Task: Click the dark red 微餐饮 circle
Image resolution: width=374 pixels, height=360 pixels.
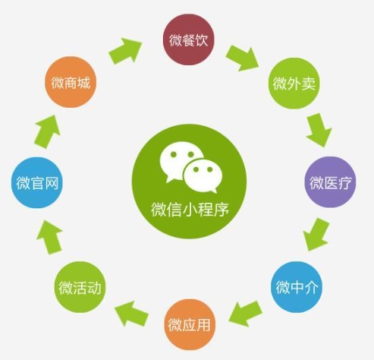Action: click(188, 39)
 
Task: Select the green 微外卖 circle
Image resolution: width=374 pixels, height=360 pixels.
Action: click(294, 84)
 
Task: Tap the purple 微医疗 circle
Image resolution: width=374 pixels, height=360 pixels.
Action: click(330, 182)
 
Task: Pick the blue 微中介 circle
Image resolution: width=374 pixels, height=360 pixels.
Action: click(297, 287)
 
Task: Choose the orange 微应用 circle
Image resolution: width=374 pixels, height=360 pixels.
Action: click(190, 325)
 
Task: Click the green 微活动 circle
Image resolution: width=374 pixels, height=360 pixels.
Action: click(80, 287)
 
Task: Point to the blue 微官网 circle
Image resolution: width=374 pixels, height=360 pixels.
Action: click(37, 182)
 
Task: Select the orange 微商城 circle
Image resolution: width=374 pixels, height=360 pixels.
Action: click(71, 82)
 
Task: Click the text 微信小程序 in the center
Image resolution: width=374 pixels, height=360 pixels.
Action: click(190, 210)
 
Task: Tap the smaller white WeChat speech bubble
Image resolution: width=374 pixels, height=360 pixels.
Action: click(203, 175)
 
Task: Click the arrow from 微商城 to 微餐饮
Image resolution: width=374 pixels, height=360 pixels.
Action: click(125, 51)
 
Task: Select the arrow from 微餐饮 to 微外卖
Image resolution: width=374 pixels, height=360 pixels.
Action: click(242, 58)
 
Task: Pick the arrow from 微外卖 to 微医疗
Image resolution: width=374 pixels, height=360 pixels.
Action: click(319, 129)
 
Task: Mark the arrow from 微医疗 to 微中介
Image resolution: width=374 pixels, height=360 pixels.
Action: click(316, 234)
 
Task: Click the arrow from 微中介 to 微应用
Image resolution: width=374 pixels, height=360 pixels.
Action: click(246, 314)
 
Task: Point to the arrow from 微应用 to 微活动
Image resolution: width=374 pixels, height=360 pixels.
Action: click(131, 314)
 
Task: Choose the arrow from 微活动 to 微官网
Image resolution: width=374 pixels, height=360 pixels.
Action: click(49, 237)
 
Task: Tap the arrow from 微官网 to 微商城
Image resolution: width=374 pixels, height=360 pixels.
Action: click(47, 131)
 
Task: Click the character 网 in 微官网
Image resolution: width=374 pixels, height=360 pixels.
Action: click(52, 183)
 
